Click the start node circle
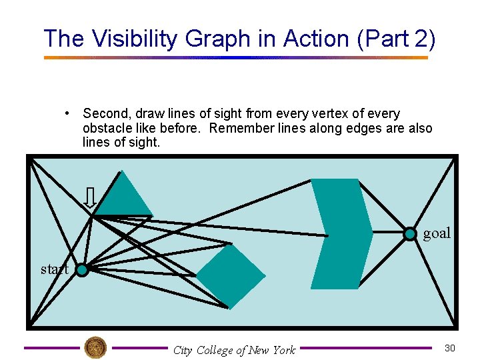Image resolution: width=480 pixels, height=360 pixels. pos(81,270)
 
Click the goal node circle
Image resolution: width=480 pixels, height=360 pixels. pos(410,233)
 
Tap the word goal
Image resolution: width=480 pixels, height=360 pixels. pos(437,233)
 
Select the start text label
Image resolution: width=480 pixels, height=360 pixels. pos(53,269)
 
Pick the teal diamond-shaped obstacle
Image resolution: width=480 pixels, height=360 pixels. pos(231,276)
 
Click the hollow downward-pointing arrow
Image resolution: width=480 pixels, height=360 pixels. pos(91,197)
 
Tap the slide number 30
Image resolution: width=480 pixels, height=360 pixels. pos(450,347)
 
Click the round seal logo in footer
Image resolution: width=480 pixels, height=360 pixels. pos(95,347)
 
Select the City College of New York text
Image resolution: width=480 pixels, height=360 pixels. pos(233,350)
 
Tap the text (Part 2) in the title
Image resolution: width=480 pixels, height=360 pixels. pos(397,39)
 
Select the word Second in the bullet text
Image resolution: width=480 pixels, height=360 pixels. pos(105,114)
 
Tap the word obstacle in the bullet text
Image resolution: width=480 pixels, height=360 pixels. pos(105,128)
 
